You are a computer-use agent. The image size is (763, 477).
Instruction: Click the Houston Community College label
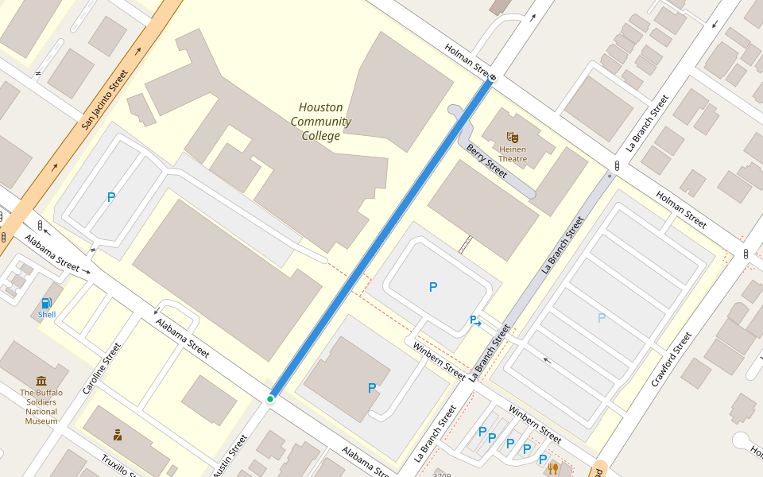pos(321,122)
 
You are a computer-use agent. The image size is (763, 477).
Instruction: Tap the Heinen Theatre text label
pos(513,154)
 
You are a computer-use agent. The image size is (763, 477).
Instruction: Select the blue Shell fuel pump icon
pos(47,303)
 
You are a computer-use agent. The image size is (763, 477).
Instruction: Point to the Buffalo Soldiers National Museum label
pos(41,406)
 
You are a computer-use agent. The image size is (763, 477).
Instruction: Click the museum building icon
pos(41,381)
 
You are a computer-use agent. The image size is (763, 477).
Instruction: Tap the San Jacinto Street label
pos(105,100)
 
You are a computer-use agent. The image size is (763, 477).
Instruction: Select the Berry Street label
pos(486,161)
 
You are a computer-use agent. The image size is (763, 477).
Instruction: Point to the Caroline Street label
pos(101,369)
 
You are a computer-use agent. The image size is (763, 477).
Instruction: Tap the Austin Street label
pos(230,456)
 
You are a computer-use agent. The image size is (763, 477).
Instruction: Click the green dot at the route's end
pos(270,398)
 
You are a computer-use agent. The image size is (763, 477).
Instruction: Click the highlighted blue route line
pos(381,238)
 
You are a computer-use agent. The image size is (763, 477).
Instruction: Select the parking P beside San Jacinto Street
pos(111,197)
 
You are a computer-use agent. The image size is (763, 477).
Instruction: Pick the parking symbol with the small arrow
pos(475,321)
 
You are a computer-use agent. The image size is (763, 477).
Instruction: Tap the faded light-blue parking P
pos(602,318)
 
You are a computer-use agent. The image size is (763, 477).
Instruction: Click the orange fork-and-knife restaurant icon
pos(552,469)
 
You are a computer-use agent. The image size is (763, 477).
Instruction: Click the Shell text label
pos(47,315)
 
